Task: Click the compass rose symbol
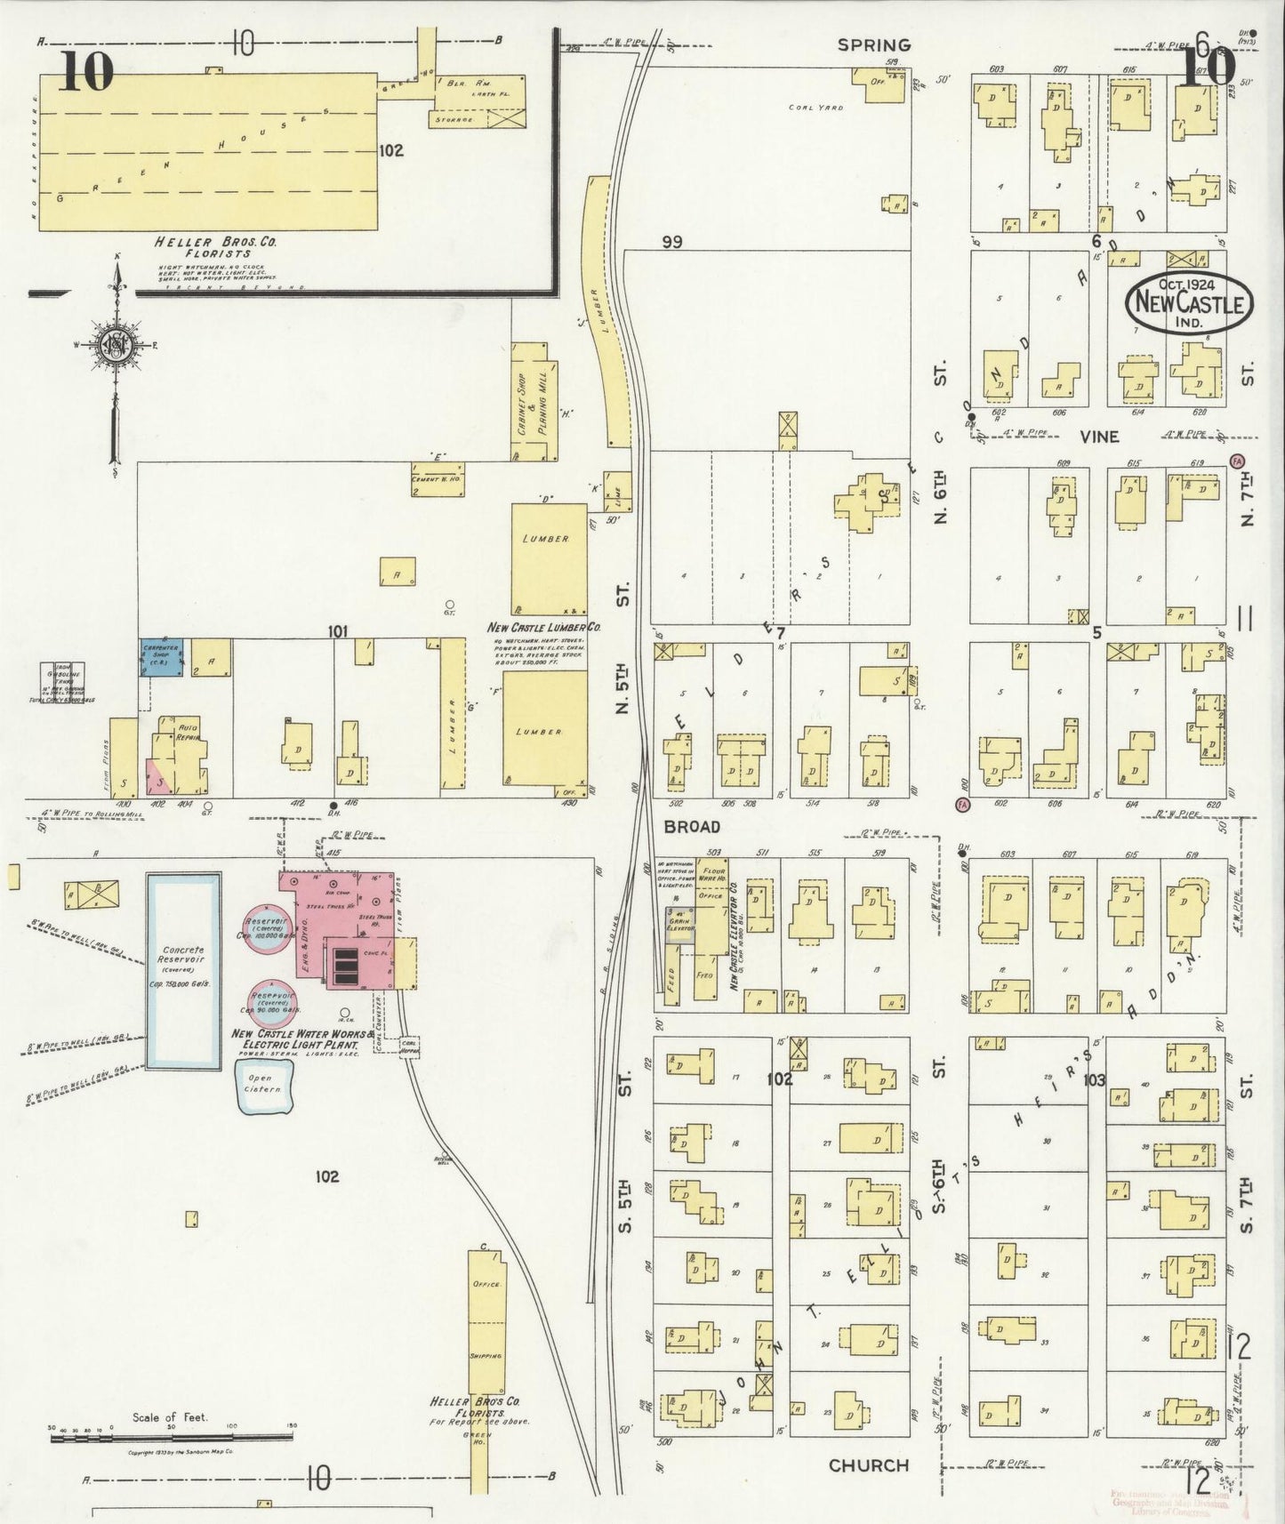[116, 348]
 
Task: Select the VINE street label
[1099, 437]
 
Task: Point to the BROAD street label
[691, 826]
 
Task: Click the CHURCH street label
[868, 1465]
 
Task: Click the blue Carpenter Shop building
[161, 658]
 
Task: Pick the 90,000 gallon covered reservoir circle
[274, 999]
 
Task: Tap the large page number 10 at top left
[87, 71]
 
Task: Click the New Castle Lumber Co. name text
[543, 627]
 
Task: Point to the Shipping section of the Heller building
[486, 1354]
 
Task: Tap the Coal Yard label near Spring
[815, 108]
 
